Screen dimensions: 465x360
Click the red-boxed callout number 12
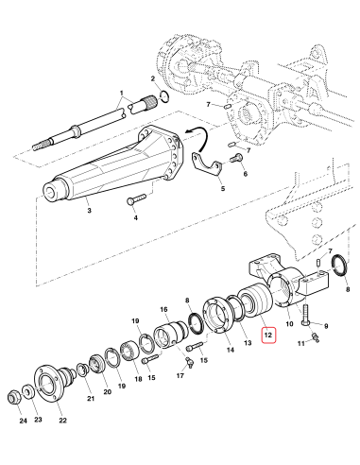[x=268, y=335]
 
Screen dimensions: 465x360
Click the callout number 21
[x=90, y=400]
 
